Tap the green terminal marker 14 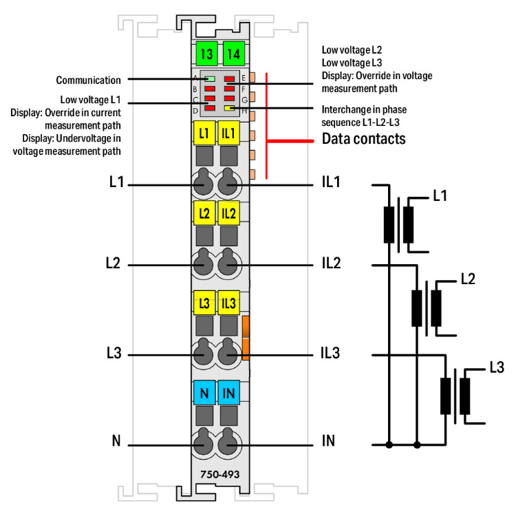(234, 54)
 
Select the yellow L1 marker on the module (204, 133)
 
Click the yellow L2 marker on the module (204, 213)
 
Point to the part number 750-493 (215, 474)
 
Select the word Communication (88, 80)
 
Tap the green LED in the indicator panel (211, 79)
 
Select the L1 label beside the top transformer (440, 196)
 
